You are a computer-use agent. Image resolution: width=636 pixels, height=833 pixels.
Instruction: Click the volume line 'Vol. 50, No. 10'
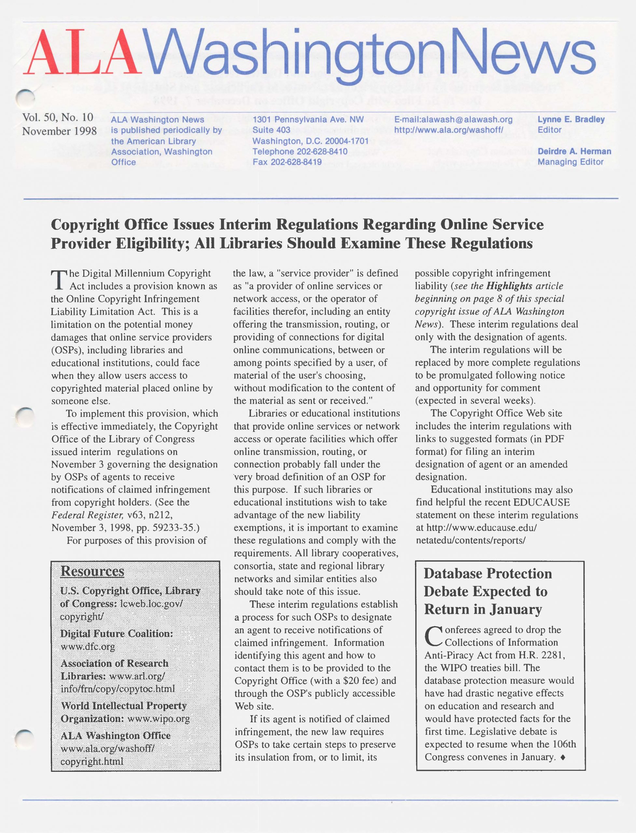coord(58,117)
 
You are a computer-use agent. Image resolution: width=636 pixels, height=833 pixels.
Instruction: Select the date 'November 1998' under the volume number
coord(59,131)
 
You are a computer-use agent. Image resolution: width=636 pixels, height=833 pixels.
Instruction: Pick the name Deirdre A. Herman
coord(574,151)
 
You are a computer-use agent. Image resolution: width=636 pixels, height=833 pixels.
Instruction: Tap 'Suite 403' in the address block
coord(271,130)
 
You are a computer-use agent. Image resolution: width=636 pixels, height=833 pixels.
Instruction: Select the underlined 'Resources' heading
coord(92,571)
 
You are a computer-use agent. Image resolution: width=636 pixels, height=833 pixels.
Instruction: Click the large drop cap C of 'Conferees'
coord(433,636)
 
